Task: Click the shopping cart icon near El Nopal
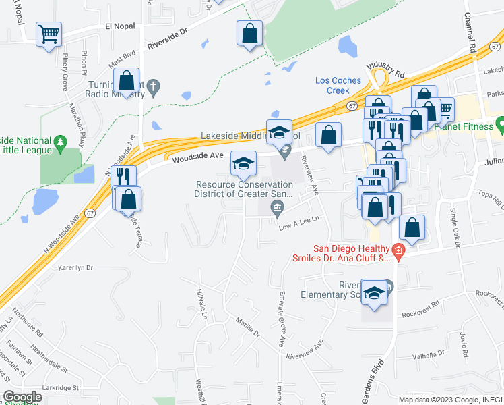[49, 34]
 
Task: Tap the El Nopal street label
[120, 26]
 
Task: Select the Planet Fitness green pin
[500, 125]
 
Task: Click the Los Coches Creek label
[338, 86]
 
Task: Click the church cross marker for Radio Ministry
[154, 86]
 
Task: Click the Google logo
[22, 397]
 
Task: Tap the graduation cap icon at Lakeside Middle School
[278, 132]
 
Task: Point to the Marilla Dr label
[247, 328]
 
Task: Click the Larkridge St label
[61, 388]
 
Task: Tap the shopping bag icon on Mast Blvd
[127, 81]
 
